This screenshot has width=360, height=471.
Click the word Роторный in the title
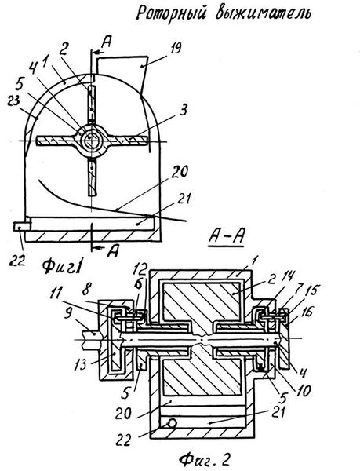(x=170, y=13)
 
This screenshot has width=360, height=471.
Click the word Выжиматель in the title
(x=263, y=13)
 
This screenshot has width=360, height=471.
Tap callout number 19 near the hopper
(x=175, y=47)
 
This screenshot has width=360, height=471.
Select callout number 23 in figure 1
(x=14, y=101)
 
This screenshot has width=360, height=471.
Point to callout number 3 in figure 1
(x=184, y=110)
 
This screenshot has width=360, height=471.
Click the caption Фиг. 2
(x=205, y=459)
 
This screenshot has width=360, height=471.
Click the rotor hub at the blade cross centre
(x=90, y=140)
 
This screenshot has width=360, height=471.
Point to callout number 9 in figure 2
(x=68, y=315)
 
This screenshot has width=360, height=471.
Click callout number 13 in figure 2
(x=80, y=364)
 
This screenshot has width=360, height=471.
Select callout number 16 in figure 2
(x=307, y=312)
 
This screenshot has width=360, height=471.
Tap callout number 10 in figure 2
(x=304, y=391)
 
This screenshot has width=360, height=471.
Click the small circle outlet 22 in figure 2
(x=172, y=423)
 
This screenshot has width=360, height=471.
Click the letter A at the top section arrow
(x=106, y=42)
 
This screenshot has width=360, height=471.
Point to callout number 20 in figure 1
(x=180, y=172)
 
